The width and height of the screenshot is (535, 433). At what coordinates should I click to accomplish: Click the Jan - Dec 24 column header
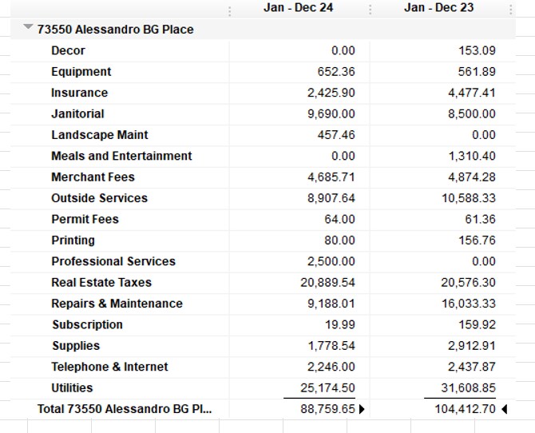pyautogui.click(x=298, y=7)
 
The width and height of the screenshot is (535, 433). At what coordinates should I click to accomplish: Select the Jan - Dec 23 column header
pyautogui.click(x=439, y=7)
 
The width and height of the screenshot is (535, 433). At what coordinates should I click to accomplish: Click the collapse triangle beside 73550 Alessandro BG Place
pyautogui.click(x=28, y=26)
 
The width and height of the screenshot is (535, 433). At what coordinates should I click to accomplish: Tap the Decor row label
pyautogui.click(x=68, y=50)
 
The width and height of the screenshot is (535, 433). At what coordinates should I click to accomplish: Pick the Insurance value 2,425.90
pyautogui.click(x=331, y=93)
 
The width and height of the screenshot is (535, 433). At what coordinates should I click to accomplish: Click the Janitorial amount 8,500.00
pyautogui.click(x=472, y=113)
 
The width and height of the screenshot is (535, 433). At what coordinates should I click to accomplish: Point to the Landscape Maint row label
pyautogui.click(x=100, y=135)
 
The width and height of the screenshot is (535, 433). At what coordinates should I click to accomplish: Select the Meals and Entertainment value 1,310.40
pyautogui.click(x=472, y=156)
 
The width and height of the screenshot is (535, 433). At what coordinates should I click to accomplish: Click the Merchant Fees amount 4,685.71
pyautogui.click(x=331, y=177)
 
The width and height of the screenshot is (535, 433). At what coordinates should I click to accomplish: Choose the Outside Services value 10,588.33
pyautogui.click(x=469, y=198)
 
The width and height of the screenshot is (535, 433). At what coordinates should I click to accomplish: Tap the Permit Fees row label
pyautogui.click(x=85, y=219)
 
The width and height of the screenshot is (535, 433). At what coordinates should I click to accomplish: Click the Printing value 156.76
pyautogui.click(x=477, y=240)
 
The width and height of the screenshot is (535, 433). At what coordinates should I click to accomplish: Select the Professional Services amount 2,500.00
pyautogui.click(x=331, y=261)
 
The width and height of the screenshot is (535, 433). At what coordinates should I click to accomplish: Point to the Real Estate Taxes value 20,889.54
pyautogui.click(x=327, y=283)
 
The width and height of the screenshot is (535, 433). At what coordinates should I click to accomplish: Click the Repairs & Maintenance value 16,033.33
pyautogui.click(x=469, y=304)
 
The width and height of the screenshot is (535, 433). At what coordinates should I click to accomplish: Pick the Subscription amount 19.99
pyautogui.click(x=340, y=324)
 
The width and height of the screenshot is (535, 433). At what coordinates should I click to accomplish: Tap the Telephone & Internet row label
pyautogui.click(x=109, y=367)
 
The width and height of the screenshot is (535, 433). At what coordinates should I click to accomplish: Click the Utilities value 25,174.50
pyautogui.click(x=327, y=388)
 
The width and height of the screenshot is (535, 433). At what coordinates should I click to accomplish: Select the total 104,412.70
pyautogui.click(x=465, y=409)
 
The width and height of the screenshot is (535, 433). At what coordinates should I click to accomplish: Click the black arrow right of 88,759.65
pyautogui.click(x=362, y=409)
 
